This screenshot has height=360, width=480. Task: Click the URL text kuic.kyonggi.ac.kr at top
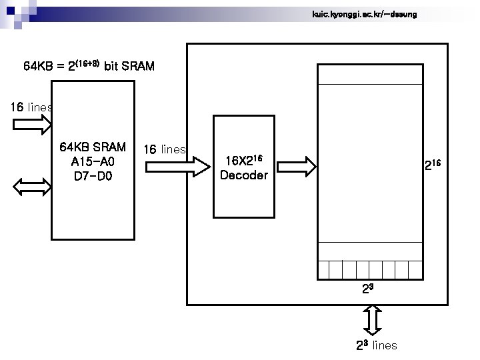(364, 14)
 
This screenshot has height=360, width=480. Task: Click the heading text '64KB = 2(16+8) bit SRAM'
(89, 66)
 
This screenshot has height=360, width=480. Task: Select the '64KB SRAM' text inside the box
(92, 147)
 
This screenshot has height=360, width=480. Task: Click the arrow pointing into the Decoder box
(191, 163)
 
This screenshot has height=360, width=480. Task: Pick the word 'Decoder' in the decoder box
(243, 176)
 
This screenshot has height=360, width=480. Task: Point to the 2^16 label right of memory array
(433, 164)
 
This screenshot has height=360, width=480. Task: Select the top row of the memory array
(370, 75)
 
